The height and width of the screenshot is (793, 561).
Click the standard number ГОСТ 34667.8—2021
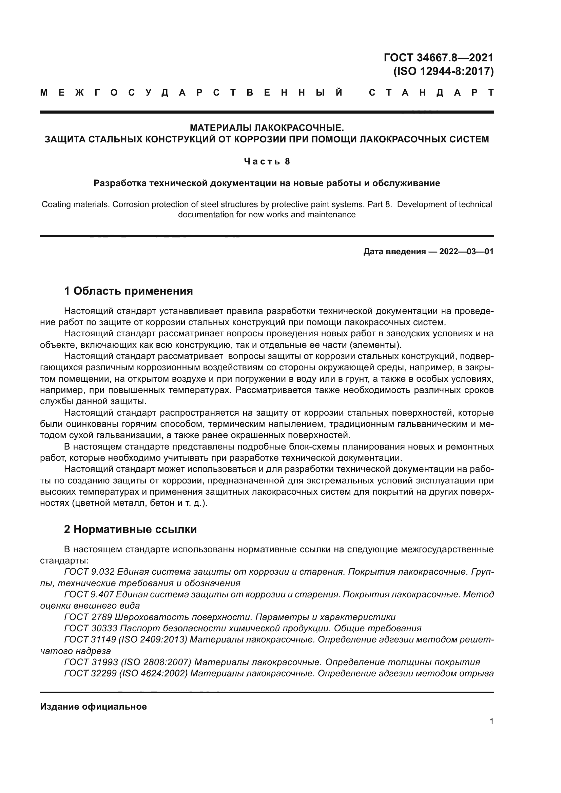click(438, 57)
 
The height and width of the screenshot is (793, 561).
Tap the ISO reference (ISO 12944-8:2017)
click(444, 72)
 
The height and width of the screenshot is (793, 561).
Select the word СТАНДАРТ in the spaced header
click(431, 93)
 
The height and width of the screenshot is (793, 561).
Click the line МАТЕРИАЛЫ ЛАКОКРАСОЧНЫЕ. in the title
click(267, 128)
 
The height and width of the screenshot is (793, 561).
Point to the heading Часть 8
click(267, 162)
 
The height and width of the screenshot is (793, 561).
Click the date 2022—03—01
click(466, 252)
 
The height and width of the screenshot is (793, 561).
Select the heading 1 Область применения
click(129, 291)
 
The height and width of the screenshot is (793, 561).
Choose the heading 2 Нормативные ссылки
click(130, 530)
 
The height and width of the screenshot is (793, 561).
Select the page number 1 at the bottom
click(491, 721)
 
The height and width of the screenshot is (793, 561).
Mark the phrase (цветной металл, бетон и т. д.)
click(139, 503)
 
